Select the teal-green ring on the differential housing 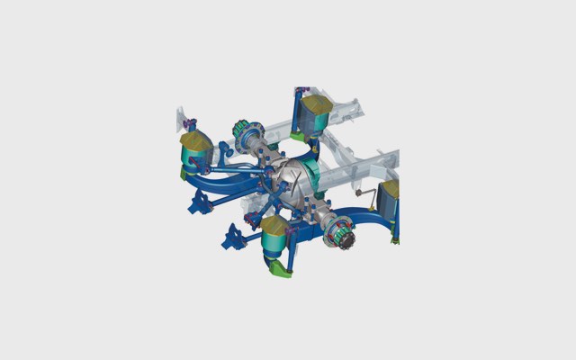314,170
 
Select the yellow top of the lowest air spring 274,225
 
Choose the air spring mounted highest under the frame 315,115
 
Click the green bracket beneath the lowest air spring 281,268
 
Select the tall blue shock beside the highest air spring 297,112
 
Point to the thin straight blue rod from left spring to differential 238,166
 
